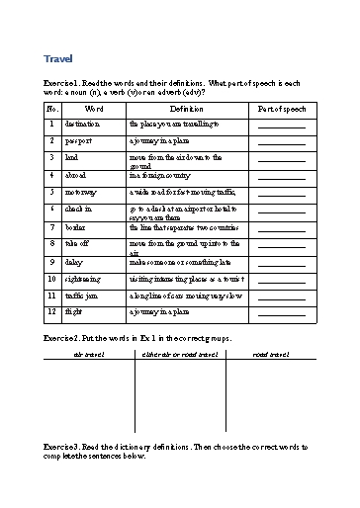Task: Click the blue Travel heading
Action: coord(58,58)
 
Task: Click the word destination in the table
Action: coord(81,126)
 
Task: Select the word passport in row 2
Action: coord(78,141)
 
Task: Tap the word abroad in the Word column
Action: coord(76,174)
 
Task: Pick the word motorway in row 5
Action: coord(80,191)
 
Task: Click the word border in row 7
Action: coord(76,226)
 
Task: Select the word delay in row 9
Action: coord(74,262)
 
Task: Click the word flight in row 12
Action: coord(74,311)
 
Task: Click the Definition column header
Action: coord(186,108)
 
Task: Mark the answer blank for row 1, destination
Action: coord(281,127)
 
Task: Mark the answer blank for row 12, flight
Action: coord(281,313)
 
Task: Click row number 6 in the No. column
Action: coord(51,209)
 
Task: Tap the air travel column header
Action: coord(89,353)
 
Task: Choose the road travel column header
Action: coord(271,353)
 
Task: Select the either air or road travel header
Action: coord(180,353)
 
